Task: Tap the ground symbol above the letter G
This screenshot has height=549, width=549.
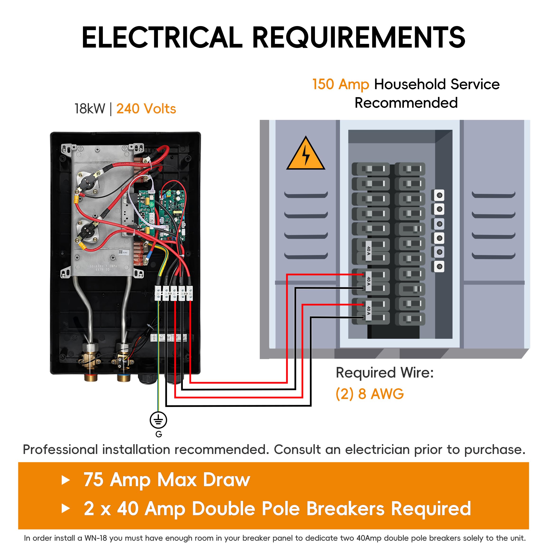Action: tap(158, 420)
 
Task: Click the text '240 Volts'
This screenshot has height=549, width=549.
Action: tap(146, 109)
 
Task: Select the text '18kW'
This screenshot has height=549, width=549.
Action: tap(90, 109)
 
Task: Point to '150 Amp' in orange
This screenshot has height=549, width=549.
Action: tap(341, 84)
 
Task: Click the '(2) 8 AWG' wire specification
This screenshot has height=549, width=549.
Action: tap(370, 394)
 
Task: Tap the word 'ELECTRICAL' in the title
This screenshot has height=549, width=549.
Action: tap(162, 37)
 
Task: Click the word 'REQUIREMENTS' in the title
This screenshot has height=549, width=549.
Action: tap(359, 37)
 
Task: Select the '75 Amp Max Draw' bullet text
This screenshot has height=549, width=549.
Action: tap(167, 480)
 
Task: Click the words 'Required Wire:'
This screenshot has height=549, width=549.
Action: tap(385, 373)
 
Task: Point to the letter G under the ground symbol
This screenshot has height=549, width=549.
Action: tap(159, 434)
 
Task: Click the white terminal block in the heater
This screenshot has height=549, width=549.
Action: tap(173, 293)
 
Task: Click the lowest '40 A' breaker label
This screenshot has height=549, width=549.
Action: tap(369, 311)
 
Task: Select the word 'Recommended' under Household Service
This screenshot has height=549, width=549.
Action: tap(406, 103)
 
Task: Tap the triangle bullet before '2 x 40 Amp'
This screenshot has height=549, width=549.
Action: tap(66, 509)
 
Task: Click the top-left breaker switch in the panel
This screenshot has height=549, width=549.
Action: tap(371, 169)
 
